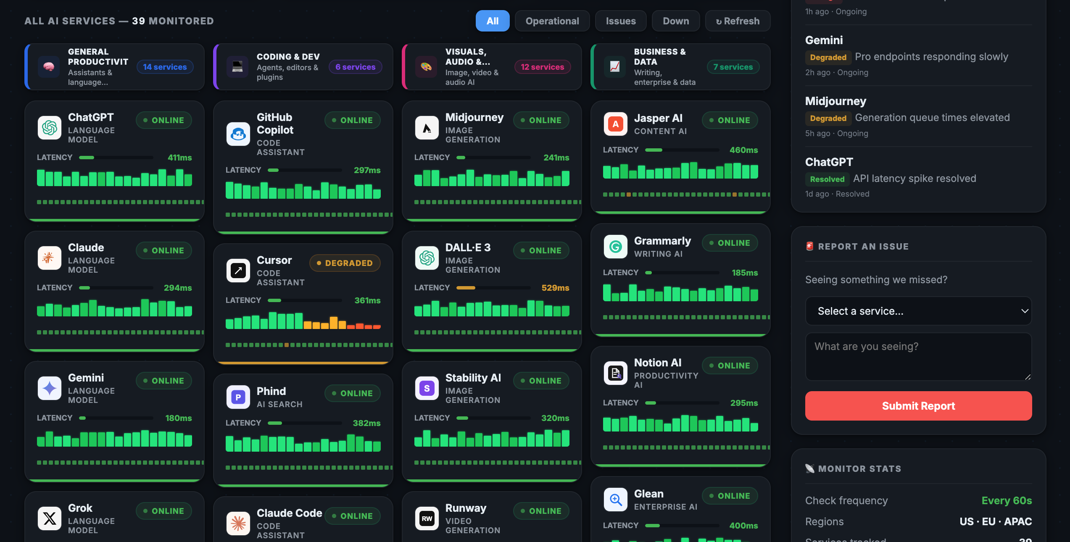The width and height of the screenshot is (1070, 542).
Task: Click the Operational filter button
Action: (552, 21)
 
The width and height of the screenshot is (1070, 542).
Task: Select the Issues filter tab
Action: (620, 21)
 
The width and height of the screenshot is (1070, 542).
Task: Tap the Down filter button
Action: (675, 21)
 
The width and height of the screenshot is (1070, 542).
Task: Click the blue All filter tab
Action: (492, 21)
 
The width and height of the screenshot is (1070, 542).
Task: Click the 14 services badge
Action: (165, 67)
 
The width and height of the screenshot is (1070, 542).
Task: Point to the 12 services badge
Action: (542, 67)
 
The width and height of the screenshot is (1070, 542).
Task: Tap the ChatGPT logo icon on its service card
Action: (50, 128)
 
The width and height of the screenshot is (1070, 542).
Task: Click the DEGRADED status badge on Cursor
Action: (345, 263)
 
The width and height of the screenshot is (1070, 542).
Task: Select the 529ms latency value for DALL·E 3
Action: (555, 288)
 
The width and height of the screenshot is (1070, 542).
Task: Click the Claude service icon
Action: (50, 258)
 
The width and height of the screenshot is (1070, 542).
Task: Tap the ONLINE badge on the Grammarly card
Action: (730, 243)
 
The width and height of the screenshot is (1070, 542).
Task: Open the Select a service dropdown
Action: (918, 311)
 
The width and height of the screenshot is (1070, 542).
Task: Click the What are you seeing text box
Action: (918, 356)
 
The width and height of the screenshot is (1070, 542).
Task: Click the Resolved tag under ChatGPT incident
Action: (827, 179)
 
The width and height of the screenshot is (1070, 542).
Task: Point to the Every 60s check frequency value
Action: (1007, 500)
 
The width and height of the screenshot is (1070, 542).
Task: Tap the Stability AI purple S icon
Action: (427, 388)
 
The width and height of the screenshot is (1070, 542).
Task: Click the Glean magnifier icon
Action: (616, 500)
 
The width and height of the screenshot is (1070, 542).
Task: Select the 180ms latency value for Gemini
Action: (178, 418)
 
